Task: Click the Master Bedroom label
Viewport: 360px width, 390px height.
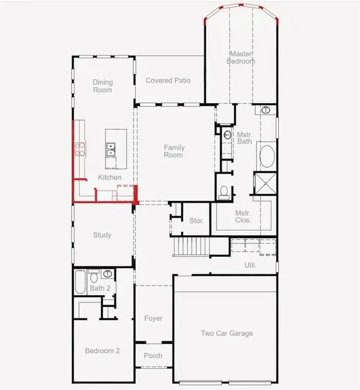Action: click(241, 57)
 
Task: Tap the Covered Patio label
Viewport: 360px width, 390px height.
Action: click(169, 80)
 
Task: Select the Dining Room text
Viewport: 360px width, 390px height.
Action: click(103, 86)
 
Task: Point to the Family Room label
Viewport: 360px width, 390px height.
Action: click(174, 151)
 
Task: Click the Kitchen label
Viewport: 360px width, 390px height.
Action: click(110, 178)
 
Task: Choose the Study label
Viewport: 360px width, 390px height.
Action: click(102, 235)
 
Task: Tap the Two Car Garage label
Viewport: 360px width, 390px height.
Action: click(226, 334)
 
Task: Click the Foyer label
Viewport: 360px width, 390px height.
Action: click(154, 319)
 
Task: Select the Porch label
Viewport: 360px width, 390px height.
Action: click(153, 356)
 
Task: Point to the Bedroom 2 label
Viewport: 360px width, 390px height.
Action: click(102, 351)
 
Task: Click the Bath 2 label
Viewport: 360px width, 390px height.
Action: click(100, 289)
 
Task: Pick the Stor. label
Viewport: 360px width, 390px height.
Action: click(196, 221)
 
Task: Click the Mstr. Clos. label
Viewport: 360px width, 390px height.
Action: click(243, 217)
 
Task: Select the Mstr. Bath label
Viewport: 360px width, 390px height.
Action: click(244, 138)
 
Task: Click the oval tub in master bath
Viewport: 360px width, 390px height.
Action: click(266, 158)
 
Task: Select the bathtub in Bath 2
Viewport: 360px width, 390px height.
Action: click(80, 283)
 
